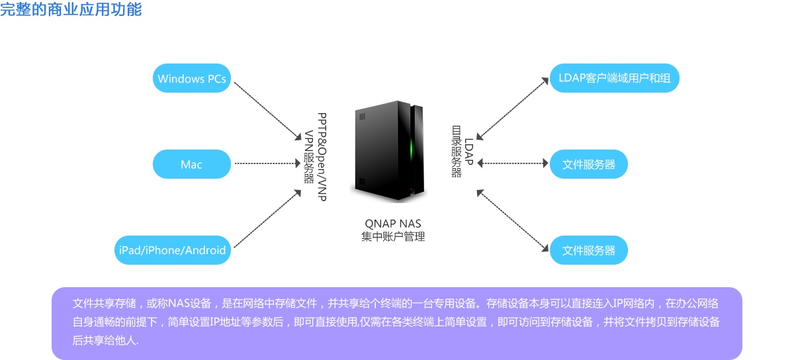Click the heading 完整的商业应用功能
(71, 10)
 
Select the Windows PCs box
(192, 79)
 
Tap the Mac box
(192, 164)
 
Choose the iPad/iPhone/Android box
(172, 250)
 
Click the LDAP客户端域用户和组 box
(614, 78)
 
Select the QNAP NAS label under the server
(393, 224)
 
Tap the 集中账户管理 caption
(393, 236)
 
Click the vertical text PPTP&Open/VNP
(322, 156)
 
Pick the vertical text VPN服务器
(309, 156)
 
